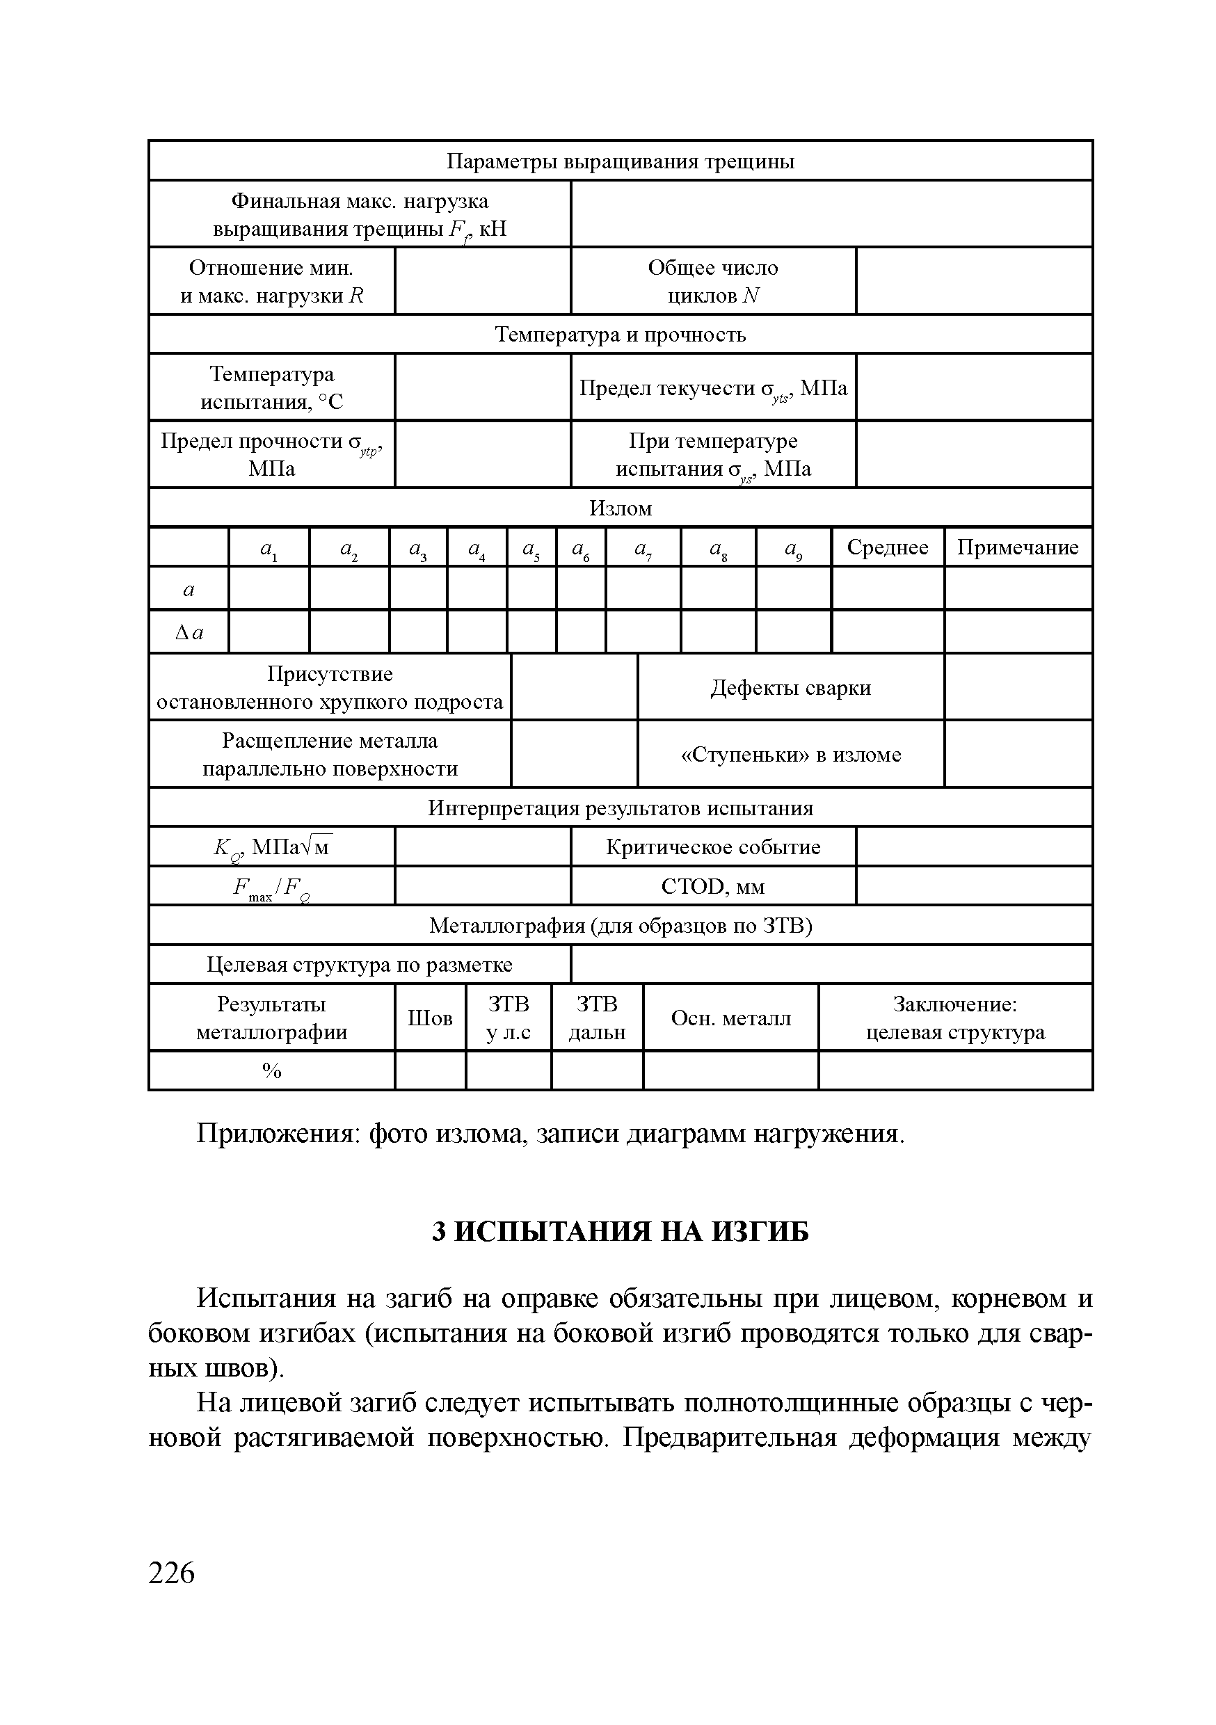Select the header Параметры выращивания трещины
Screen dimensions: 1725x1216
click(620, 161)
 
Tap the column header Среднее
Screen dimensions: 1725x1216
click(887, 547)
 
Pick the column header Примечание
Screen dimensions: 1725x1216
click(1018, 547)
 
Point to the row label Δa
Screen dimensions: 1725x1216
click(189, 632)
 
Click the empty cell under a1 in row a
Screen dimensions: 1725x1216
click(269, 589)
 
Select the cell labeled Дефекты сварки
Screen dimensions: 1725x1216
click(791, 688)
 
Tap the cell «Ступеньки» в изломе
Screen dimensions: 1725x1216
click(791, 755)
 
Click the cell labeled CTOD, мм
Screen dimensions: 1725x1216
click(712, 888)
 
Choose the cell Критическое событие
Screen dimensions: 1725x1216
click(712, 847)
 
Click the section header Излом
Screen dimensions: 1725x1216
click(620, 508)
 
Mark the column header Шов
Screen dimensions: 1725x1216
click(430, 1019)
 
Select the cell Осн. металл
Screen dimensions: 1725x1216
click(730, 1019)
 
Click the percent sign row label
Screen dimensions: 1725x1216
click(271, 1071)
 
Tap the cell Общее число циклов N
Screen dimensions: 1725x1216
click(712, 282)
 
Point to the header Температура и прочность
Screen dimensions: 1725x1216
click(620, 335)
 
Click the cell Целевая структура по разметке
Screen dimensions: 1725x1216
click(359, 965)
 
